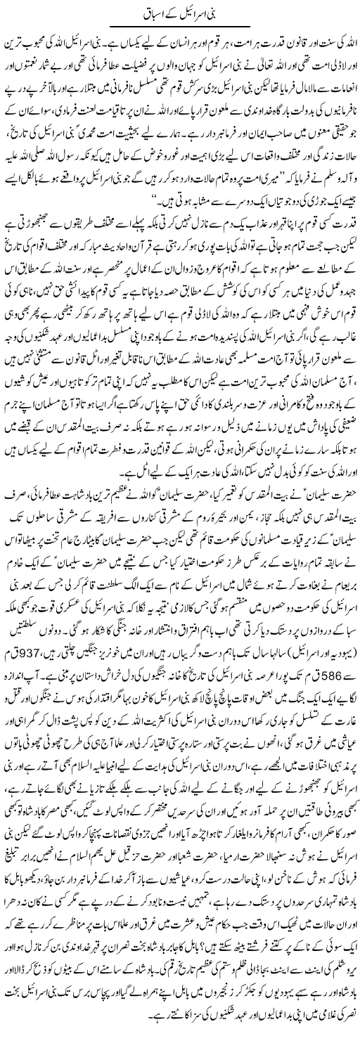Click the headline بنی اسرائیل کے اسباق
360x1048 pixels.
click(181, 13)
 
